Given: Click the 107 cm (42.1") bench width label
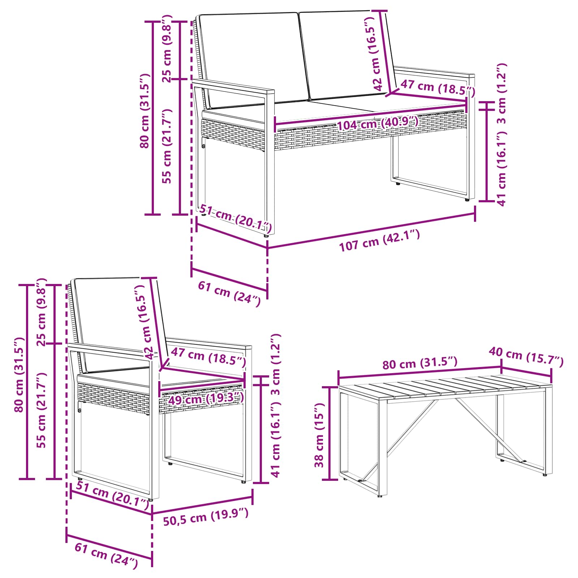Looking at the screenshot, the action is pos(379,241).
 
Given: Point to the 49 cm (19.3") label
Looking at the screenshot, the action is pos(206,398).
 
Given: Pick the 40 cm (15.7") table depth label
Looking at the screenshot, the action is pos(526,357).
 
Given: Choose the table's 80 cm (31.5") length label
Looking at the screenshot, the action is pos(420,363).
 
